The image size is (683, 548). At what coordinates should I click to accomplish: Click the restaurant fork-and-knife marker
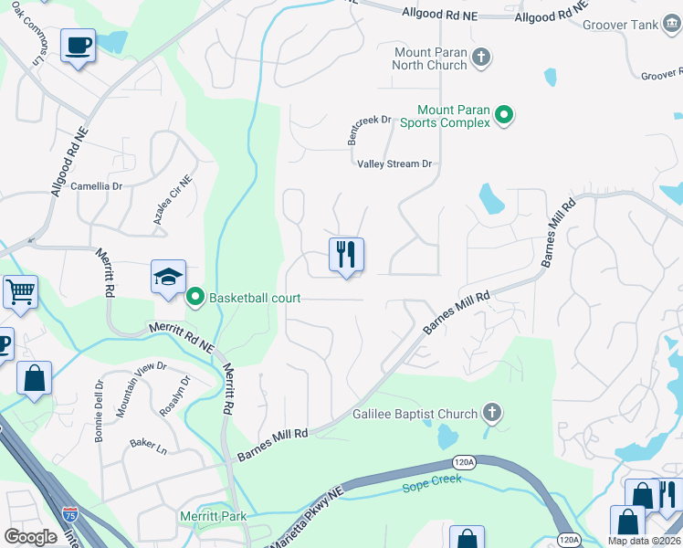tap(346, 255)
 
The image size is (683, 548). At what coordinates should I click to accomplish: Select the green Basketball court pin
tap(194, 298)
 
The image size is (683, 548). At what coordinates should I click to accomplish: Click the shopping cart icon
tap(20, 291)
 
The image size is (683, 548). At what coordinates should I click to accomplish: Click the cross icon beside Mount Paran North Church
tap(482, 58)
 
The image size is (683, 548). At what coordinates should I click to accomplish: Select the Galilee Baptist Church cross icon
tap(492, 414)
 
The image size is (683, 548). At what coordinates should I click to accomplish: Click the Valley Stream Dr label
tap(394, 164)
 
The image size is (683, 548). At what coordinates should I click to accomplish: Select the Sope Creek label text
tap(432, 479)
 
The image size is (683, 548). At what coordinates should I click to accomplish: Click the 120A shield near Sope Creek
tap(464, 463)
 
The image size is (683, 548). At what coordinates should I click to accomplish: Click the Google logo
tap(30, 537)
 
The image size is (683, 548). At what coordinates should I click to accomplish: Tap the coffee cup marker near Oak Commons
tap(79, 44)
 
